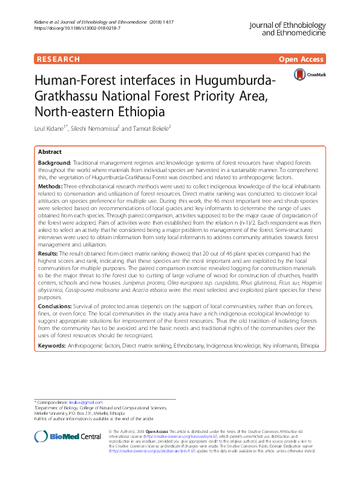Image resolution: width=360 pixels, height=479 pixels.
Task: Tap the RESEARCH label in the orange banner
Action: pyautogui.click(x=58, y=59)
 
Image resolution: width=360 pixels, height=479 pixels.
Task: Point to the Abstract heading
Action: pyautogui.click(x=50, y=152)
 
